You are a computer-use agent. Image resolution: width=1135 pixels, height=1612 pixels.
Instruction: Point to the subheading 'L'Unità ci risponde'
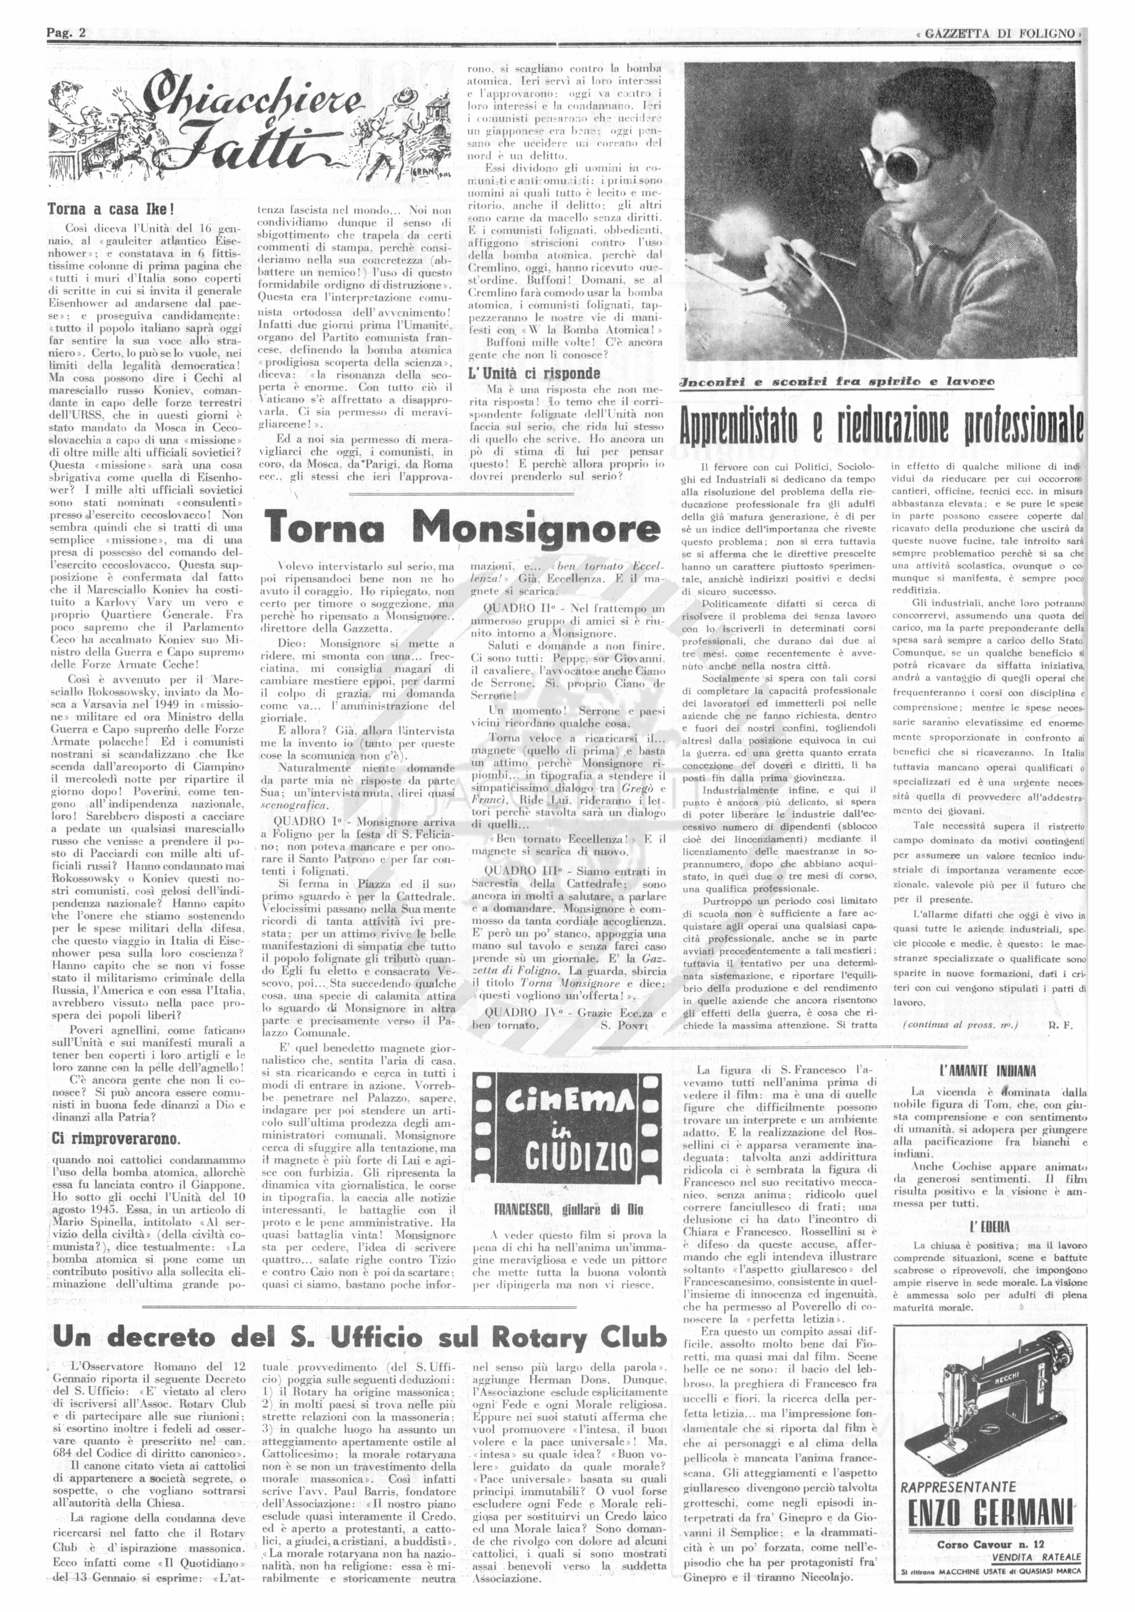coord(534,373)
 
